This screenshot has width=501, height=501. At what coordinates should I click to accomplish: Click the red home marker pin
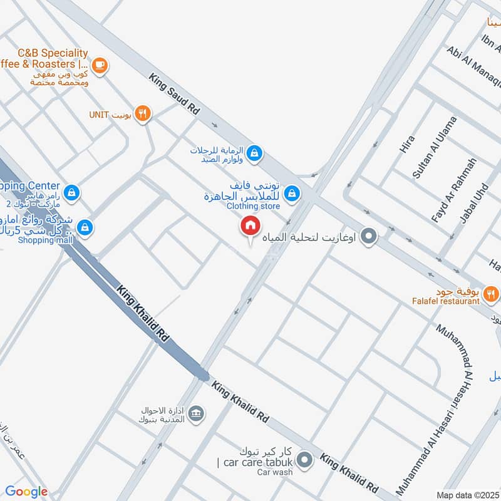tap(250, 226)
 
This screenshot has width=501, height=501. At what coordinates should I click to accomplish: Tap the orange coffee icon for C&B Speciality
tap(100, 64)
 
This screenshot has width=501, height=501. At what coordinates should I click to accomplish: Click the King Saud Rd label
tap(174, 94)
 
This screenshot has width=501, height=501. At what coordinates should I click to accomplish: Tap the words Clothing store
tap(253, 205)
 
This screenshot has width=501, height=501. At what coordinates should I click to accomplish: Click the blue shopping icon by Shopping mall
tap(86, 228)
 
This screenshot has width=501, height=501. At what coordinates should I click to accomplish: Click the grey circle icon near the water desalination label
tap(369, 237)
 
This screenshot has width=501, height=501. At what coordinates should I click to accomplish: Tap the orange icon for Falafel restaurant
tap(492, 292)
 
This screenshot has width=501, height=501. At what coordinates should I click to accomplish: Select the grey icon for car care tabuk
tap(305, 460)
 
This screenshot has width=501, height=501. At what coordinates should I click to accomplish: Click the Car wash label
tap(274, 472)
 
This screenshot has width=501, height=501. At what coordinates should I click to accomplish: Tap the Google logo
tap(26, 492)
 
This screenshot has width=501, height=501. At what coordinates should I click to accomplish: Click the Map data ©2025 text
tap(468, 495)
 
